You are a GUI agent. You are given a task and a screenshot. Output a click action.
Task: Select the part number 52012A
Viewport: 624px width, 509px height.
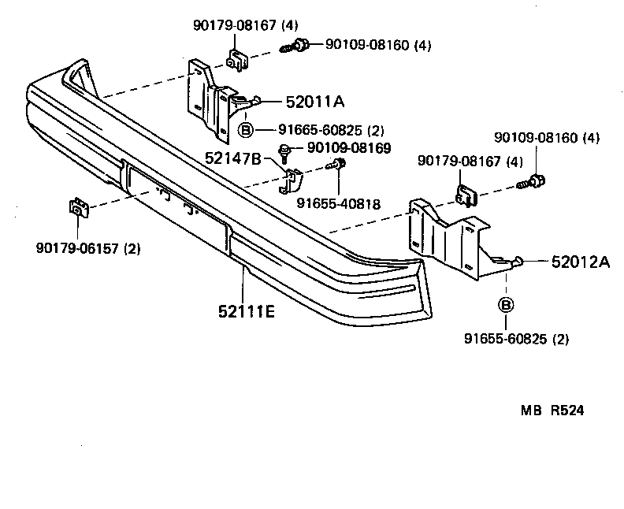tap(581, 262)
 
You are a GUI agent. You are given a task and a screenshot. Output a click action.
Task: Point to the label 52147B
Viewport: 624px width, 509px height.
tap(232, 158)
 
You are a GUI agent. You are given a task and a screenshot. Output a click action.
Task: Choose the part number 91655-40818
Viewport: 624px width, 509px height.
tap(338, 203)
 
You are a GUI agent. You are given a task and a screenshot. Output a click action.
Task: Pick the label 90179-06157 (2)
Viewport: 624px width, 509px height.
tap(87, 249)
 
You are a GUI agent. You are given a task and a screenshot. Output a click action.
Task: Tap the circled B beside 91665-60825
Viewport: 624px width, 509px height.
tap(245, 130)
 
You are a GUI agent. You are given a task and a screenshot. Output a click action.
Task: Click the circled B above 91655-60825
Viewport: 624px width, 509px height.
tap(506, 305)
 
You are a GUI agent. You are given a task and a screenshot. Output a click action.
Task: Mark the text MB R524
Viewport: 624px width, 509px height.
tap(552, 410)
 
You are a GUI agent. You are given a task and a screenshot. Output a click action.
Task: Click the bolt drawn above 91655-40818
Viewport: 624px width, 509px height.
tap(337, 165)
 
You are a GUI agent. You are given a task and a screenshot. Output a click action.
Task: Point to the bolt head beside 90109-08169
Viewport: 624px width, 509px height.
tap(284, 149)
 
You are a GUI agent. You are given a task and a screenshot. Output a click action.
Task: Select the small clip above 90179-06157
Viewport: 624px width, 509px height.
tap(78, 208)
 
